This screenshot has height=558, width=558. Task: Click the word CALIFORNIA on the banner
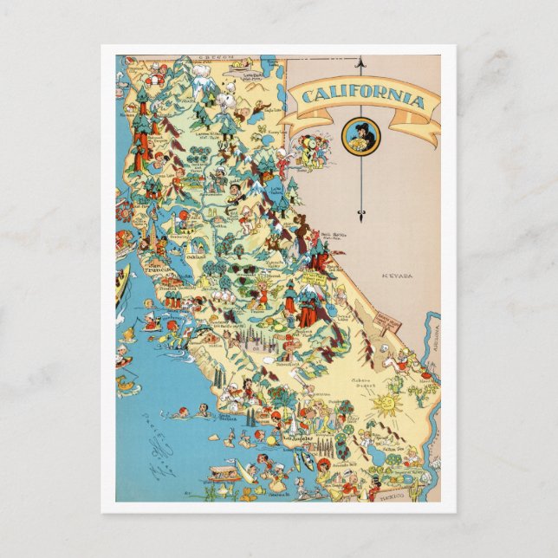360,99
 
